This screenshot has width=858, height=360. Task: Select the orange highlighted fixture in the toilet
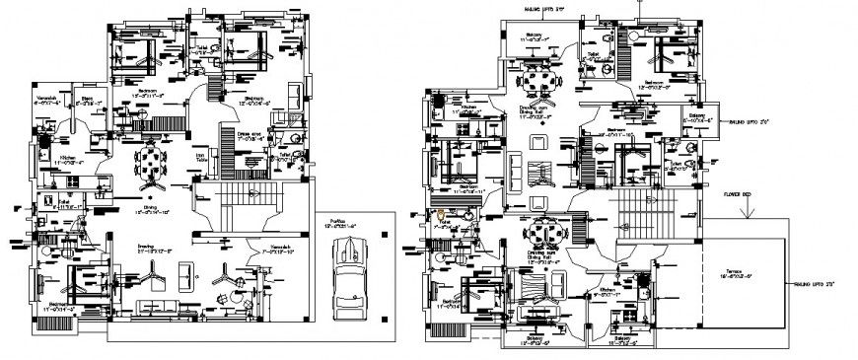pyautogui.click(x=438, y=214)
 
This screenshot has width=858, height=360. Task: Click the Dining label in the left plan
pyautogui.click(x=145, y=207)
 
